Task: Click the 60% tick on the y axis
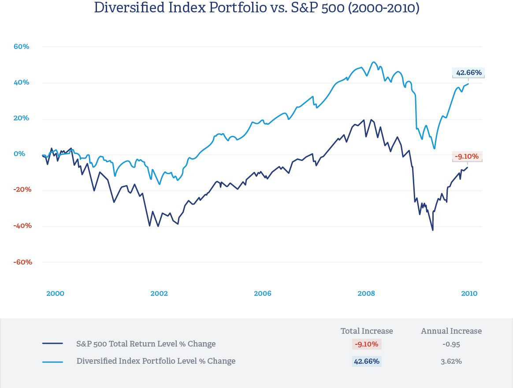(x=20, y=46)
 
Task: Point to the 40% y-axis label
(x=20, y=82)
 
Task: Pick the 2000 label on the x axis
(x=55, y=294)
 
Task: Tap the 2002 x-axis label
(x=159, y=294)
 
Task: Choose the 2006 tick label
(x=263, y=294)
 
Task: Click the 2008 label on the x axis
(x=366, y=294)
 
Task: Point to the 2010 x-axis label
(x=469, y=294)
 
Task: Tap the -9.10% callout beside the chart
(x=467, y=156)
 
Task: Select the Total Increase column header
(x=367, y=331)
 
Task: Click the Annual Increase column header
(x=451, y=331)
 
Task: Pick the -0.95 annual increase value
(x=451, y=344)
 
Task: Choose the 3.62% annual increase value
(x=451, y=361)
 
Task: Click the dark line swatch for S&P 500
(x=53, y=344)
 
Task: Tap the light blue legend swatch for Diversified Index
(x=53, y=362)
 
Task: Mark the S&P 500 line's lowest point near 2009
(x=433, y=230)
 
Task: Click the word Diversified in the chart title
(x=130, y=7)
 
